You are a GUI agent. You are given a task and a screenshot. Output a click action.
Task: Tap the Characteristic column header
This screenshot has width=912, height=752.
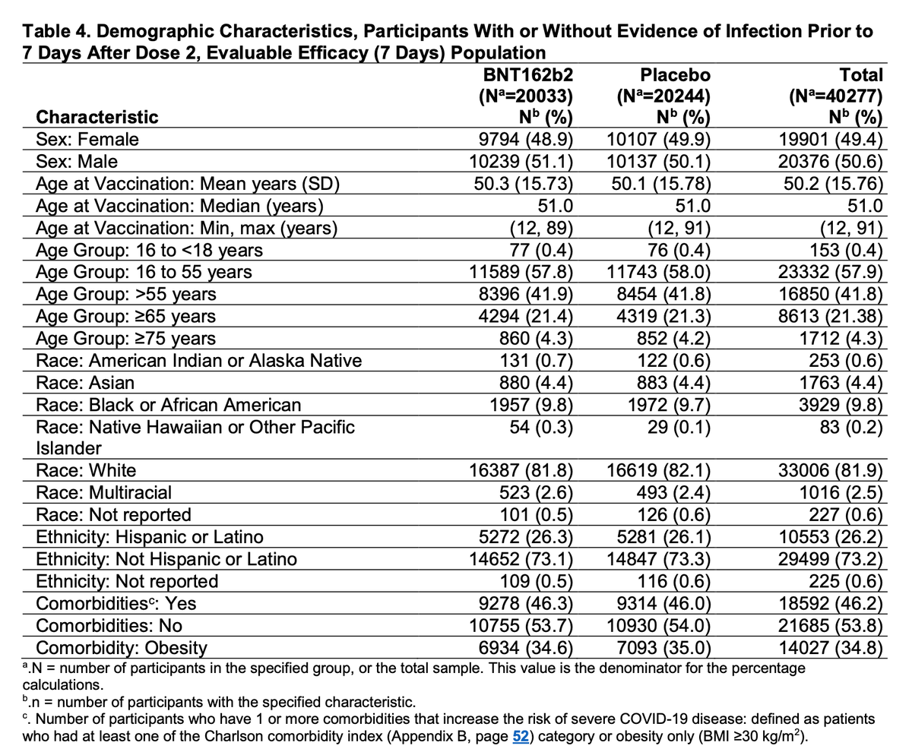click(x=97, y=117)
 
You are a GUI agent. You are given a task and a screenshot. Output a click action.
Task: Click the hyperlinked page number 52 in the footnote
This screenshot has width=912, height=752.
click(x=522, y=736)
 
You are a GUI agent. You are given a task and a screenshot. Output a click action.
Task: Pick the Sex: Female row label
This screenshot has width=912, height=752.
click(x=87, y=139)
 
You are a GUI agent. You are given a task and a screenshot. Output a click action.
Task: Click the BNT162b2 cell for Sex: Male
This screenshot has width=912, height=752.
click(x=521, y=162)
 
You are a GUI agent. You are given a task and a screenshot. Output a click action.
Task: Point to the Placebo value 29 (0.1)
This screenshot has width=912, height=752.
click(x=673, y=427)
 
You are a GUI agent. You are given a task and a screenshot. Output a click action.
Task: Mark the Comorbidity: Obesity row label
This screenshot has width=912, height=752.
click(x=122, y=648)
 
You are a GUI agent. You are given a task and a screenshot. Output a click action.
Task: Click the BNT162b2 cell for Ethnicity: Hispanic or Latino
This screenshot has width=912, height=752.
click(x=525, y=537)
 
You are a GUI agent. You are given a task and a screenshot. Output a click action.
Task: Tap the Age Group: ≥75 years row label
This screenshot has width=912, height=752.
click(x=126, y=338)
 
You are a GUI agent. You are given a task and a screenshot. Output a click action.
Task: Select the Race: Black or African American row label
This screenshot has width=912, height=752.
click(x=169, y=405)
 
